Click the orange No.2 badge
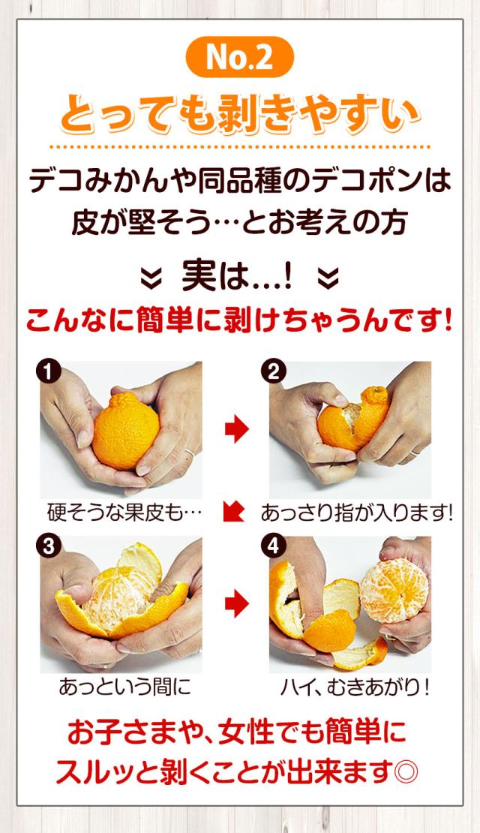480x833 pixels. tap(239, 57)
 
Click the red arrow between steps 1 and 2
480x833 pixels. tap(236, 429)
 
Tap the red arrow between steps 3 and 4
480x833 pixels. tap(236, 603)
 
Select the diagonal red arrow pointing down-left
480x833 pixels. tap(234, 512)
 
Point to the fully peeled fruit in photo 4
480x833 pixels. tap(394, 590)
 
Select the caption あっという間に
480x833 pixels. tap(124, 687)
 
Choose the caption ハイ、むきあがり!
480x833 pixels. tap(355, 687)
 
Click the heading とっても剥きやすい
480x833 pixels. tap(240, 114)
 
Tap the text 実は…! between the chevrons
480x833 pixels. tap(237, 276)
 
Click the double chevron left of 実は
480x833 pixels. tap(151, 278)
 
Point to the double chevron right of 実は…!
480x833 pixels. tap(328, 278)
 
